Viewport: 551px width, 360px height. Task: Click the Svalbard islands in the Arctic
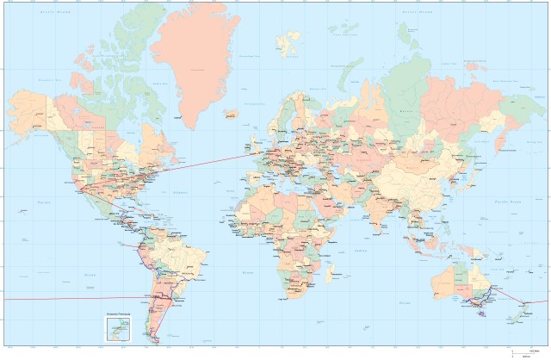click(287, 40)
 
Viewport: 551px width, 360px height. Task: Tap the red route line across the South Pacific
click(52, 299)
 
